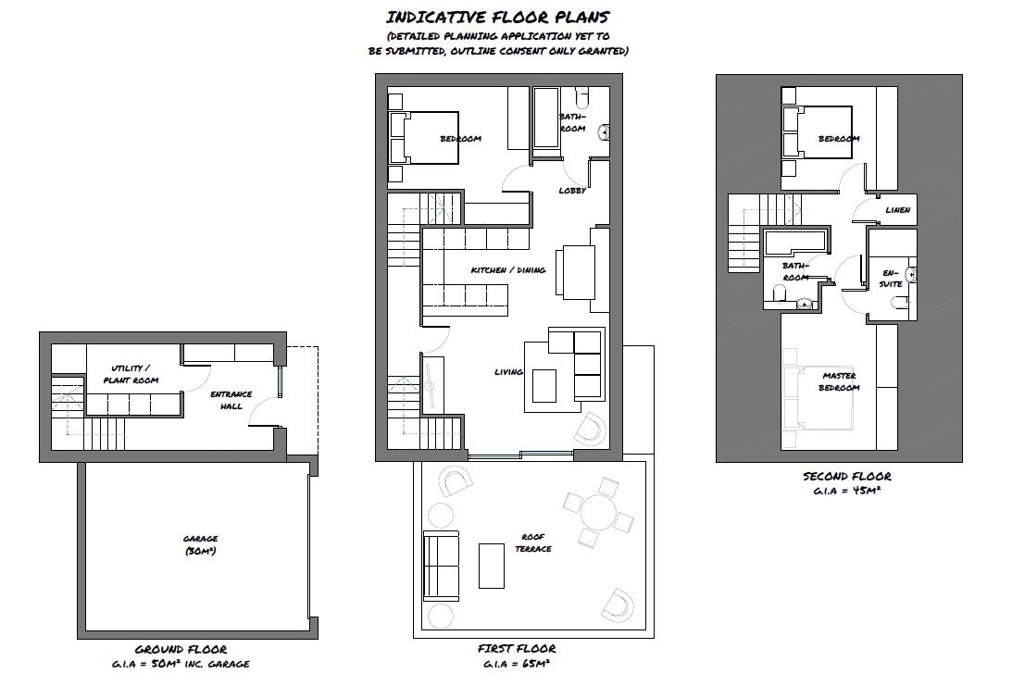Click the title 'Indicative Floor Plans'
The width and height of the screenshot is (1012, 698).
click(497, 17)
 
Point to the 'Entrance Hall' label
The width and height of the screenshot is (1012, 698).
click(231, 401)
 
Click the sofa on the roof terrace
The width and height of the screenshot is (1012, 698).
click(441, 565)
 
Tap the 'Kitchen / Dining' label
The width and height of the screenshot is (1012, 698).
click(507, 270)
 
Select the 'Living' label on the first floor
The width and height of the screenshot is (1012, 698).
click(508, 372)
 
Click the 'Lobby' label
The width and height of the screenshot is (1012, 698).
click(571, 191)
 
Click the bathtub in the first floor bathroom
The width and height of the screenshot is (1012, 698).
click(543, 118)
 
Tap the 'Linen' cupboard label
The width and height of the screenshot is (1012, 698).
click(897, 210)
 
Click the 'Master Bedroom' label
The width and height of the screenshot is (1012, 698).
click(840, 381)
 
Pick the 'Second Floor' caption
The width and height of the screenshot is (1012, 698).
click(846, 477)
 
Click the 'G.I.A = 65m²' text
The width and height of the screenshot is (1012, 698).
click(518, 664)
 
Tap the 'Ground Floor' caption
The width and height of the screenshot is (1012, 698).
click(181, 650)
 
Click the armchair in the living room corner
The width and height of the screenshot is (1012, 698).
click(589, 428)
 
